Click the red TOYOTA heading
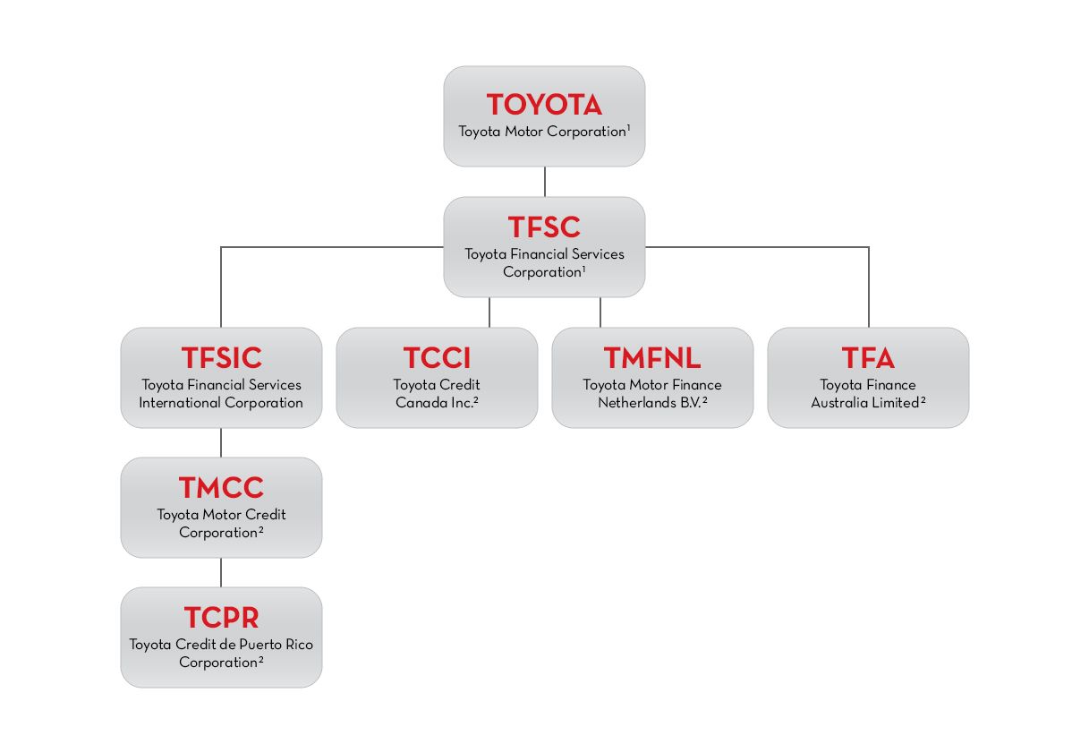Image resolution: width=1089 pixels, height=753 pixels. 544,105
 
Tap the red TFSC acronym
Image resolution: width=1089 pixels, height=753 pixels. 544,227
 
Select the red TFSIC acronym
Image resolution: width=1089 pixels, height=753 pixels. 221,358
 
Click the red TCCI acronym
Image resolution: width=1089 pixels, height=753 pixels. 437,358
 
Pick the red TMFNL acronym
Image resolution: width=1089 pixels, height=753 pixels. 652,358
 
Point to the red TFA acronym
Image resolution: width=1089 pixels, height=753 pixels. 868,358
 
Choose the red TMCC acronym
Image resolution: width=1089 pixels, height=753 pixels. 221,488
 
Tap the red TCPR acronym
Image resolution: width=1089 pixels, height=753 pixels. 221,618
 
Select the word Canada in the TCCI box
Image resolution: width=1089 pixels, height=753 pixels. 425,403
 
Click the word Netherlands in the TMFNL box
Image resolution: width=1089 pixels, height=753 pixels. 636,403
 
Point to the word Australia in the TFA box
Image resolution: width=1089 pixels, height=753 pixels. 840,403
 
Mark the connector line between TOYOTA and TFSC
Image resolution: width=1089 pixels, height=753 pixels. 544,182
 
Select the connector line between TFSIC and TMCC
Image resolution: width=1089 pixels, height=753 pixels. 221,442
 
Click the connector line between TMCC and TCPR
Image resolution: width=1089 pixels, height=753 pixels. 221,572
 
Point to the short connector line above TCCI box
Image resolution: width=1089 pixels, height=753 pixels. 489,312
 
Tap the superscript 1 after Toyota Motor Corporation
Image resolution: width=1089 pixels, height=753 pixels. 629,128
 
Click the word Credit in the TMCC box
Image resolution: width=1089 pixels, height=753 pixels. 267,515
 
